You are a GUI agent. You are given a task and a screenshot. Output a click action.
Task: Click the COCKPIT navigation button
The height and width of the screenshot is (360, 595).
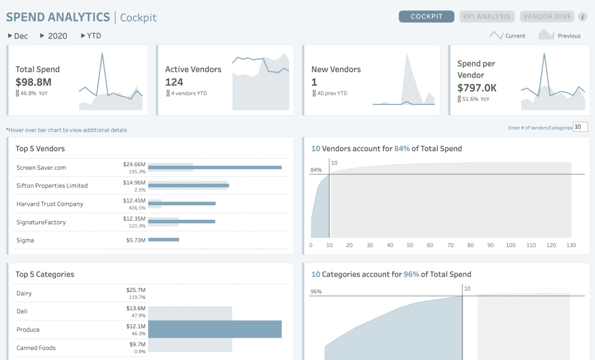426,16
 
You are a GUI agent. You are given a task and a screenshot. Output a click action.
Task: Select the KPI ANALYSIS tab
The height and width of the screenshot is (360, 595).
486,16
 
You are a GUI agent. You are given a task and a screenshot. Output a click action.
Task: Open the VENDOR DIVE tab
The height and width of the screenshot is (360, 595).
547,16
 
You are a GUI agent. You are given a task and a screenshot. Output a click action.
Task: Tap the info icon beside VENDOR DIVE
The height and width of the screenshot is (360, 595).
583,17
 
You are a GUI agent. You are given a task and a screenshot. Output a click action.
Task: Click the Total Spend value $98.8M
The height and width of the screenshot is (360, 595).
33,82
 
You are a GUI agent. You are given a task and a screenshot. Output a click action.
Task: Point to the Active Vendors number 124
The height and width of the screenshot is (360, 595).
174,82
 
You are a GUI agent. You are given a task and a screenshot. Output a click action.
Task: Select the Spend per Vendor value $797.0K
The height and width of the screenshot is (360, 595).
476,88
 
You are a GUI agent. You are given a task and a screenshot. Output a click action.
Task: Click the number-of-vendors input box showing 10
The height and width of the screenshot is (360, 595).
580,127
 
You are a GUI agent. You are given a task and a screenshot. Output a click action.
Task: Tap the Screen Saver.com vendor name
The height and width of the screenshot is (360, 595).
41,168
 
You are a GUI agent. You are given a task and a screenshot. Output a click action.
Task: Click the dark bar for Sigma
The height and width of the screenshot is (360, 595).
163,240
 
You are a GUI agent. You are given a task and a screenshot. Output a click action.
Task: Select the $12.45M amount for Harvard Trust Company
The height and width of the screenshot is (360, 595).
134,200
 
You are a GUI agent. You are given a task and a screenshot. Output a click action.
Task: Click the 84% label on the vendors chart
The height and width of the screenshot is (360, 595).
316,170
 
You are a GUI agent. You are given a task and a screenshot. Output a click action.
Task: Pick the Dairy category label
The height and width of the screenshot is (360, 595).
24,293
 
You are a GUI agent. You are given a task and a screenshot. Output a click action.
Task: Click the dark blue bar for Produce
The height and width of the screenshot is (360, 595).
215,329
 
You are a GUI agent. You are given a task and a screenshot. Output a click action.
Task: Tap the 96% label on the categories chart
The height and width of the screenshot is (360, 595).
316,292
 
